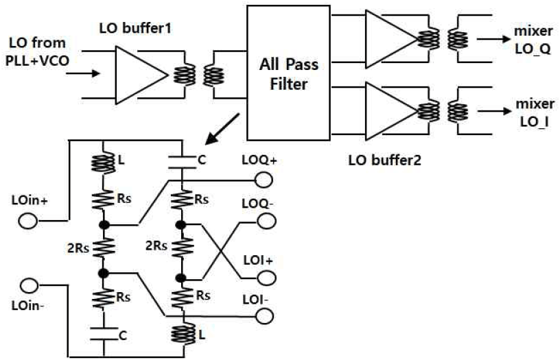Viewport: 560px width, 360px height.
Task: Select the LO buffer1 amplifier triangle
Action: pos(141,75)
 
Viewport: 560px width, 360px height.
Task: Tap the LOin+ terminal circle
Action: pos(28,221)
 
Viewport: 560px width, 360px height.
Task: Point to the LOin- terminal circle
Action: pos(30,285)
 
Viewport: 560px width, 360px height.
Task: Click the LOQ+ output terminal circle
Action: pos(264,180)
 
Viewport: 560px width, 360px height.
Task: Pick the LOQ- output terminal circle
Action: pos(266,221)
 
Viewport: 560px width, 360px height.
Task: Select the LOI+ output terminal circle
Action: pos(266,278)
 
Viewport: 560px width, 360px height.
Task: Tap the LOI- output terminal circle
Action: pos(265,316)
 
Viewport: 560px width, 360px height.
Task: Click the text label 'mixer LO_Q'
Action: pos(533,40)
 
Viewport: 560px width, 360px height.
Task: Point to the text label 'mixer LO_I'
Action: pos(535,112)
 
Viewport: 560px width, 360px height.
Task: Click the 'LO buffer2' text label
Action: pos(384,160)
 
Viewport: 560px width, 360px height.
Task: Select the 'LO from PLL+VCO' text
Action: pos(37,51)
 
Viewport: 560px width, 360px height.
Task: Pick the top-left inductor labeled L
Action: pos(103,163)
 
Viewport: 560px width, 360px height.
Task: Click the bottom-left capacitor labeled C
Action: pos(104,333)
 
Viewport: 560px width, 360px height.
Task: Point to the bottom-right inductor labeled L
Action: pos(183,333)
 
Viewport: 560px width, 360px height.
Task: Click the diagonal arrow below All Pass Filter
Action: pos(222,129)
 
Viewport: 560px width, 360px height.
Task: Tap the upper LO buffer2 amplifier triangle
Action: pos(391,39)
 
